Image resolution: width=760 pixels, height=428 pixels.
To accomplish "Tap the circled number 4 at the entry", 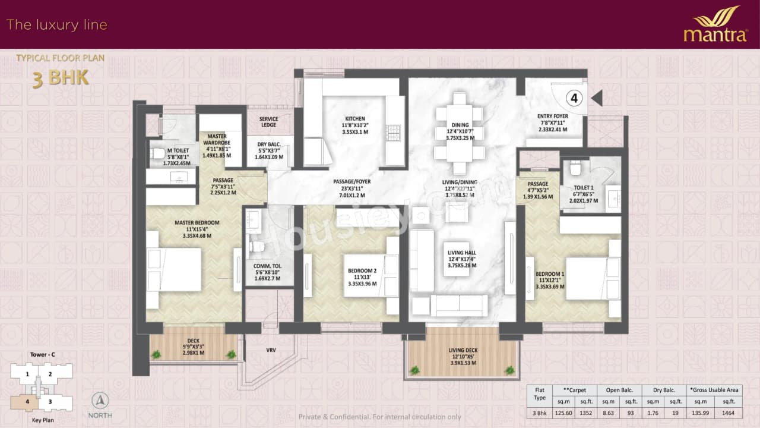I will point(574,97).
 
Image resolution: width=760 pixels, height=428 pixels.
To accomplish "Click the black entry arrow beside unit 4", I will point(597,98).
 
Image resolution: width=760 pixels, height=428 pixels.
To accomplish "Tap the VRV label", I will point(271,350).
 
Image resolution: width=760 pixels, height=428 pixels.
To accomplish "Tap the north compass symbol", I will point(100,401).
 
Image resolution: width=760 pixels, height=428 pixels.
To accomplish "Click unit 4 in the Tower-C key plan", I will point(27,401).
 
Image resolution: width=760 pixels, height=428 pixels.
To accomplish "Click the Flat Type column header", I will point(539,394).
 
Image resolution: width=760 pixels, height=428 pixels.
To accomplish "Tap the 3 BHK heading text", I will point(60,78).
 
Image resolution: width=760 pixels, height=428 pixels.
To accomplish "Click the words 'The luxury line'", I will point(56,25).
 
